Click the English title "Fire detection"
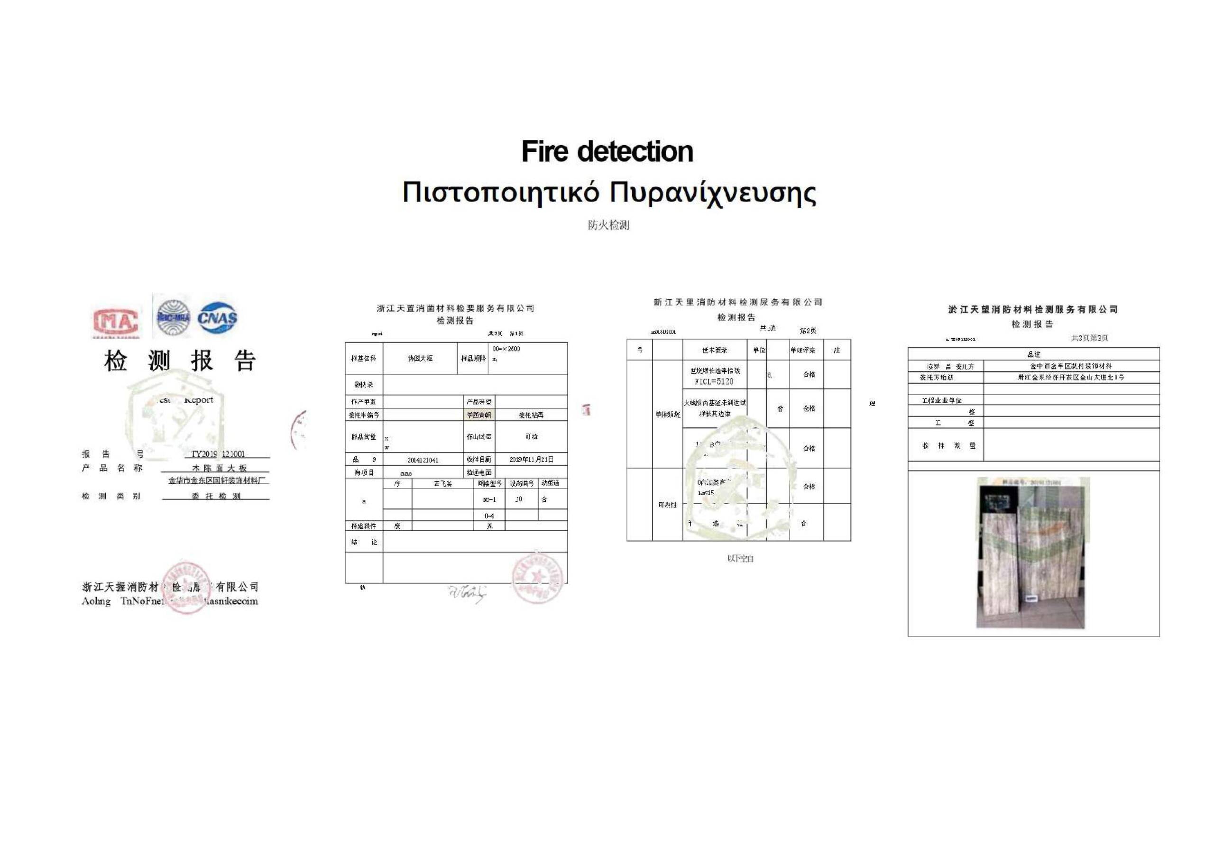click(607, 152)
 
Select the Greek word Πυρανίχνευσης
click(713, 193)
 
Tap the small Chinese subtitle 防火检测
click(608, 225)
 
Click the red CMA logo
click(116, 321)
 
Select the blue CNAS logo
click(217, 318)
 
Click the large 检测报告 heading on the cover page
click(180, 361)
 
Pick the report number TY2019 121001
click(218, 454)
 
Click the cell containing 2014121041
click(423, 460)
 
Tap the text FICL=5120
click(714, 381)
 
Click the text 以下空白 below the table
click(740, 559)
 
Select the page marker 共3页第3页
click(1089, 338)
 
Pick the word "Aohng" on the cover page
click(96, 601)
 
